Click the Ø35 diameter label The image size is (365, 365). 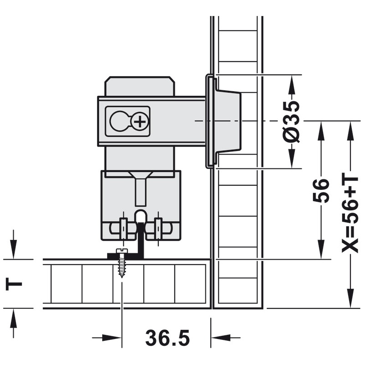292,121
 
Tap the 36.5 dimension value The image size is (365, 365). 167,338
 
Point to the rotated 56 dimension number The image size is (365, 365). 321,191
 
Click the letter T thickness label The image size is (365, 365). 14,284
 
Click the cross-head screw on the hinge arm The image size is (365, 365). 140,121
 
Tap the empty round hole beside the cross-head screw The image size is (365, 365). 119,121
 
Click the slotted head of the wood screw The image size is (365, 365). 121,250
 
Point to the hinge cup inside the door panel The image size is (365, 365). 228,121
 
